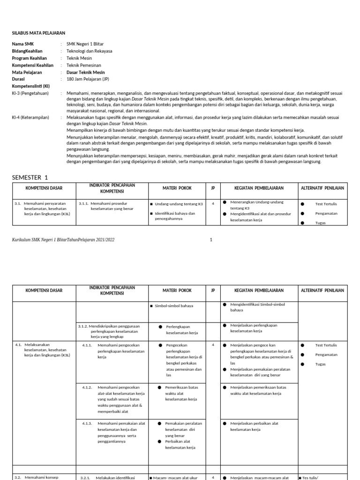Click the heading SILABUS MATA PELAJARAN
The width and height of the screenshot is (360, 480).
tap(38, 33)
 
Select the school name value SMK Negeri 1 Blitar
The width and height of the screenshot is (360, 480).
tap(85, 44)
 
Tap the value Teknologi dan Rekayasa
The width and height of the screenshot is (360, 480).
tap(90, 51)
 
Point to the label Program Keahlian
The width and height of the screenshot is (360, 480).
tap(31, 58)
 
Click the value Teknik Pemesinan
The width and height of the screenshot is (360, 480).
tap(84, 66)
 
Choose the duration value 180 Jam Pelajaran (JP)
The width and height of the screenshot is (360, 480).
tap(88, 80)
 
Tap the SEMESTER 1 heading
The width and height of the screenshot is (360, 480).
tap(30, 177)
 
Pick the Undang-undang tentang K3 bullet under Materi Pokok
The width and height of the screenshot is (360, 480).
tap(178, 204)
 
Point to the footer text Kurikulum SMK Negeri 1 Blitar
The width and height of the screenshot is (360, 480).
tap(63, 240)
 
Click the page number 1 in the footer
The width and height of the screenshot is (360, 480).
tap(211, 240)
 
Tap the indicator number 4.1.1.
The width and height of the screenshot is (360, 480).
tap(87, 345)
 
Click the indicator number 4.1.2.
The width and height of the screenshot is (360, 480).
tap(87, 388)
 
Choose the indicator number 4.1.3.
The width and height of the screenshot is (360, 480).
tap(87, 423)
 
